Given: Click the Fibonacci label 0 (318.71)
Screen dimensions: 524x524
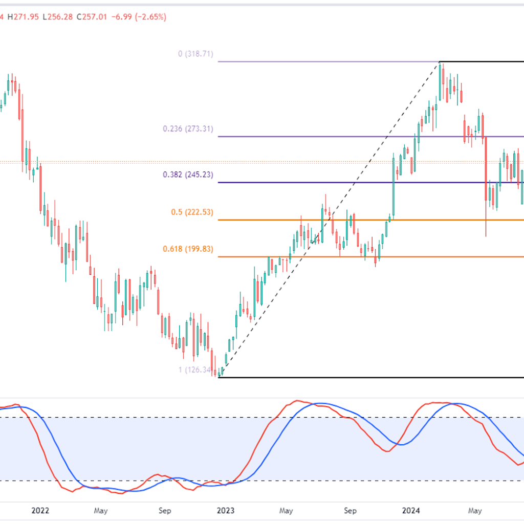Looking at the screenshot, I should (x=195, y=54).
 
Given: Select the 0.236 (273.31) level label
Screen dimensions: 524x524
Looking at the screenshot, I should (x=188, y=129).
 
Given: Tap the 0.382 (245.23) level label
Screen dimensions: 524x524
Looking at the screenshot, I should (x=188, y=174).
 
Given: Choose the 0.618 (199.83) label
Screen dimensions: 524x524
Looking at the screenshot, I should (x=188, y=249).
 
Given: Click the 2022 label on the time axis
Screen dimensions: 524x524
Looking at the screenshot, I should (x=40, y=510).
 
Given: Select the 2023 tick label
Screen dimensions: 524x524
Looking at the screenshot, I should (x=226, y=510).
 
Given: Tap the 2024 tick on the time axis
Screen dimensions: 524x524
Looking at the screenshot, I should (x=411, y=510).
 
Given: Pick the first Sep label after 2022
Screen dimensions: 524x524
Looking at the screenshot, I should (x=164, y=510).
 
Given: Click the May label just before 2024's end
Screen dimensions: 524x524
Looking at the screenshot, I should (x=475, y=510).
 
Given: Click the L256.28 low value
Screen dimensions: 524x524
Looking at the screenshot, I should (x=57, y=17).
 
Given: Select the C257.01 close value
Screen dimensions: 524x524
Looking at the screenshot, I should (x=92, y=17).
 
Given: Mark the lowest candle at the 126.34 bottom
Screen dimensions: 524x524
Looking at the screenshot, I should (x=219, y=374).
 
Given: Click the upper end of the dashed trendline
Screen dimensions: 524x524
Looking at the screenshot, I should (x=439, y=62).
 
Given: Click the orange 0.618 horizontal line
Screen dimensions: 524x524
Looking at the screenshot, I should (x=358, y=257).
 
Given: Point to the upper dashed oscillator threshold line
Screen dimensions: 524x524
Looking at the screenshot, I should (x=256, y=418).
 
